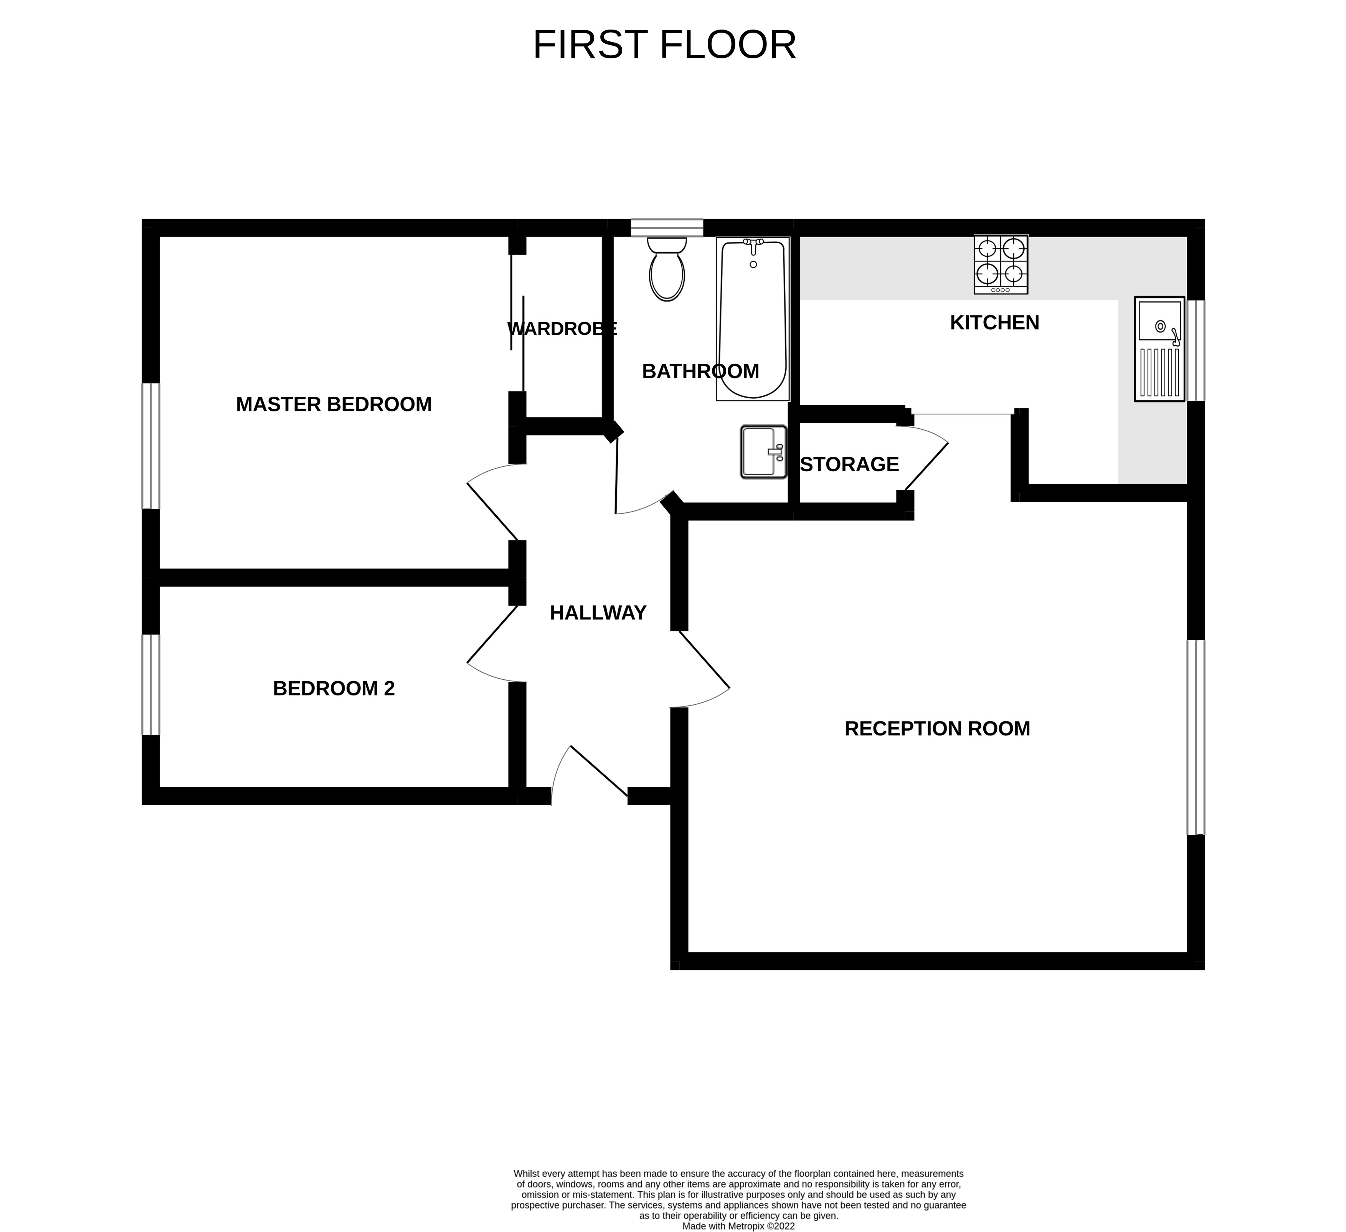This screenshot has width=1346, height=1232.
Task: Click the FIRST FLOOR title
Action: (x=664, y=45)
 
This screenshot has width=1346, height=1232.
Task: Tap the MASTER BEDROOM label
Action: (x=334, y=404)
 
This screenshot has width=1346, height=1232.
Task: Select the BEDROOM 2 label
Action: (x=334, y=689)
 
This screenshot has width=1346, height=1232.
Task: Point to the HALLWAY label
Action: (x=598, y=613)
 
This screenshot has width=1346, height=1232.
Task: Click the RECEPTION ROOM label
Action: (x=937, y=728)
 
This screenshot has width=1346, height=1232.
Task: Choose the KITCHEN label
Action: (x=995, y=322)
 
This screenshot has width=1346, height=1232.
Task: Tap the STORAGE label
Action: (x=850, y=464)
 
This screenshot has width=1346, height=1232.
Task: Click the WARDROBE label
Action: (x=562, y=329)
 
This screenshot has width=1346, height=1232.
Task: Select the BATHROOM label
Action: (x=700, y=371)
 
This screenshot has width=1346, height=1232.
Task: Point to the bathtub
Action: (x=753, y=319)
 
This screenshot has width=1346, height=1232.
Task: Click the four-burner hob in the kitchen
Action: (x=1001, y=264)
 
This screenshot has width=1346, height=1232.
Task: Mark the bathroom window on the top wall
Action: (x=667, y=228)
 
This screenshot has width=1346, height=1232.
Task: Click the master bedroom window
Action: (x=151, y=446)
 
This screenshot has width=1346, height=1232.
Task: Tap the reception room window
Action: (x=1196, y=737)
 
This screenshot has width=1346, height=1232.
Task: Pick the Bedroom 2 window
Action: (x=151, y=684)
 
